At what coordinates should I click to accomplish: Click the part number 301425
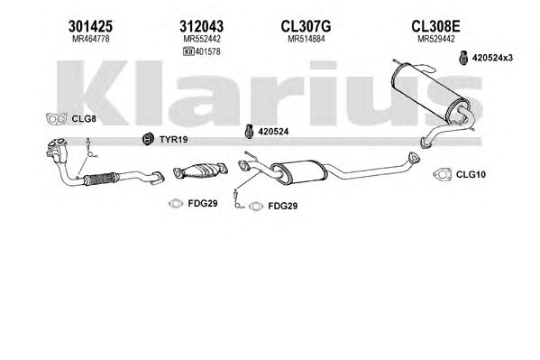90,26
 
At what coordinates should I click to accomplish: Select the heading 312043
201,26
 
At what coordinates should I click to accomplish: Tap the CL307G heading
306,26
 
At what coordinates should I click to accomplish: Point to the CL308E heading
435,26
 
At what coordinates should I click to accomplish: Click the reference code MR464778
90,39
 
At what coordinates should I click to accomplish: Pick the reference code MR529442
436,39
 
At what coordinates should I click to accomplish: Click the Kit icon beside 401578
188,51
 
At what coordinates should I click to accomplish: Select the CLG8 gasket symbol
57,118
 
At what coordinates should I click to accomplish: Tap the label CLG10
471,174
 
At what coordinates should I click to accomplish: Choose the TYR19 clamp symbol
148,139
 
